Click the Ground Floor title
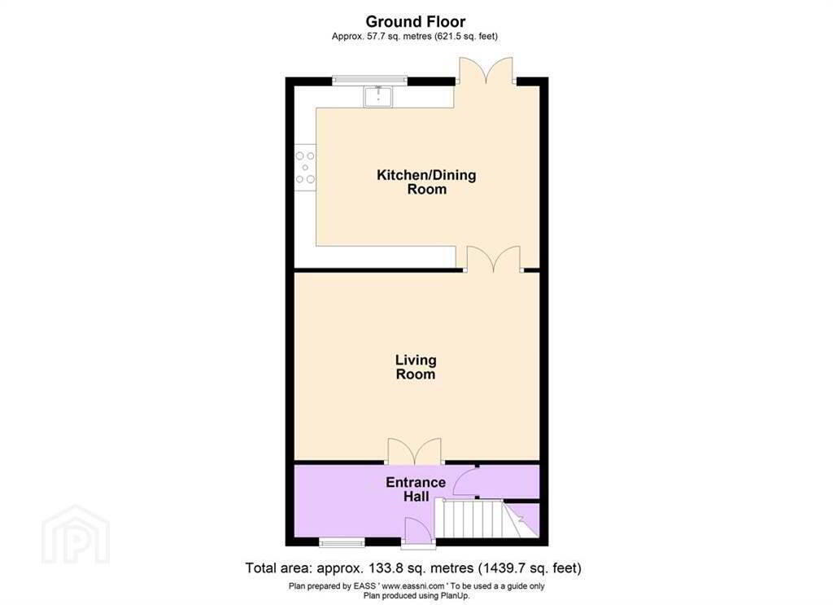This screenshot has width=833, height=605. pyautogui.click(x=416, y=22)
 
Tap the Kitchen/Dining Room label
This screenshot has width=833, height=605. pyautogui.click(x=426, y=182)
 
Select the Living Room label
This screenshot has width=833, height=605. pyautogui.click(x=416, y=367)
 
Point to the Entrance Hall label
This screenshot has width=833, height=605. pyautogui.click(x=416, y=489)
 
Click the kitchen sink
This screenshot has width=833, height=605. pyautogui.click(x=377, y=96)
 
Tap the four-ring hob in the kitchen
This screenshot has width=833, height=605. pyautogui.click(x=305, y=168)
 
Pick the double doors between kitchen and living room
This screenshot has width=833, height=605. pyautogui.click(x=494, y=260)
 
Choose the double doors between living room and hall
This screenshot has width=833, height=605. pyautogui.click(x=415, y=451)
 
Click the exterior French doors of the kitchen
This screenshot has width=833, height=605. pyautogui.click(x=486, y=71)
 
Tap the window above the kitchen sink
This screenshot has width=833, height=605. pyautogui.click(x=370, y=81)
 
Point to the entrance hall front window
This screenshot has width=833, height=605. pyautogui.click(x=342, y=542)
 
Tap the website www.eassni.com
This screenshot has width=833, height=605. pyautogui.click(x=412, y=585)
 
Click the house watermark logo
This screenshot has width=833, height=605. pyautogui.click(x=76, y=535)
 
